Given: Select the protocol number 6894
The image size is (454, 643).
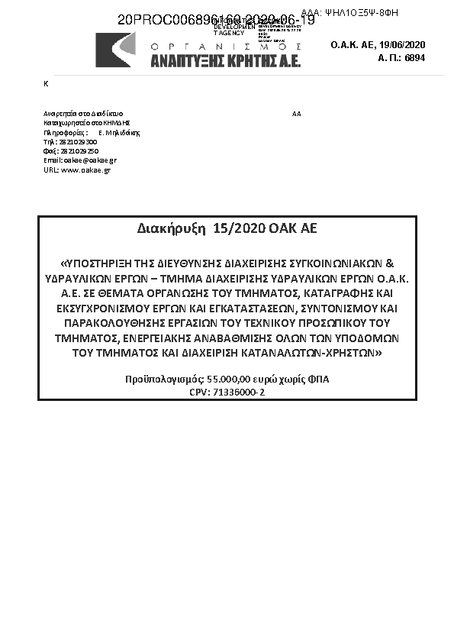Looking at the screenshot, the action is click(x=414, y=58).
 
